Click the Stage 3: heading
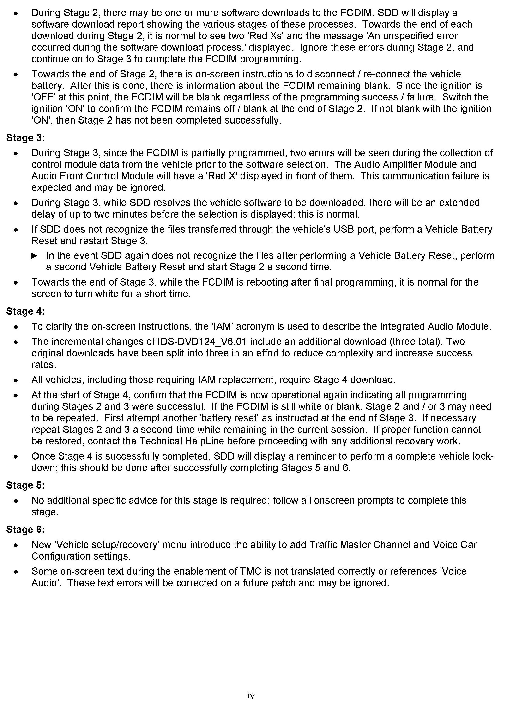click(x=25, y=138)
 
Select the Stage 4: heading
click(x=25, y=311)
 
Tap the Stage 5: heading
click(x=25, y=486)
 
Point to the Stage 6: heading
click(x=25, y=530)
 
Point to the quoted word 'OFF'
click(x=43, y=97)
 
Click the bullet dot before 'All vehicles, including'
click(x=16, y=380)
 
